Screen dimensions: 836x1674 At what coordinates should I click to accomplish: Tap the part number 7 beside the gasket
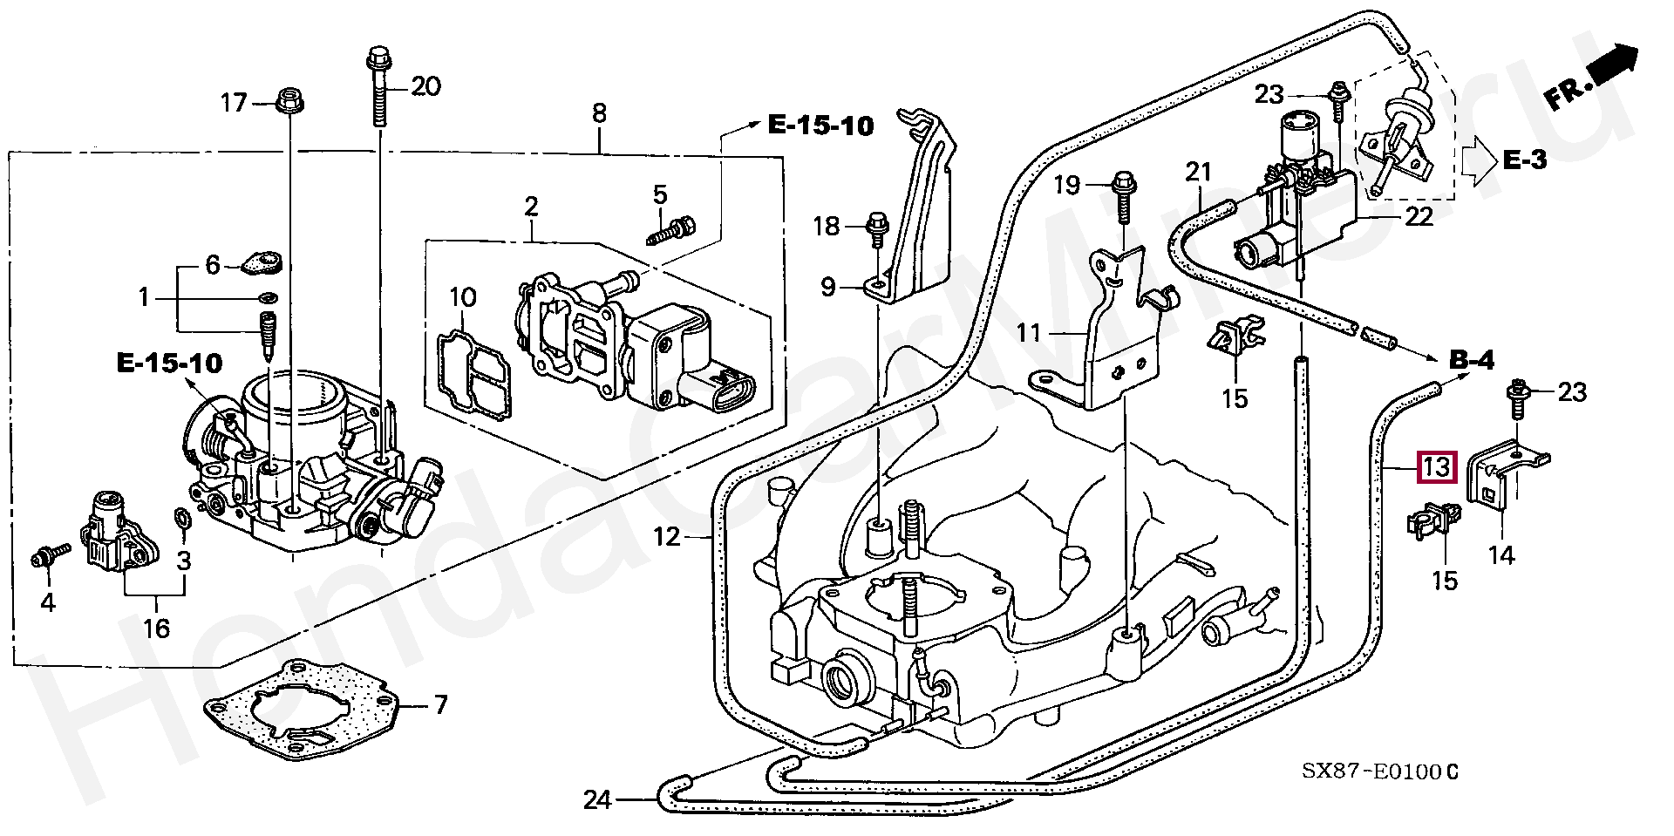click(440, 704)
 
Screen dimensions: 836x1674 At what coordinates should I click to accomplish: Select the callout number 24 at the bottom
click(597, 799)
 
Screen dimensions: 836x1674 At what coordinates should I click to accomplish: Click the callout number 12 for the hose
click(666, 536)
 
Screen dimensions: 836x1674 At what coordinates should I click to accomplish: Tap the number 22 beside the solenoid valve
click(1419, 216)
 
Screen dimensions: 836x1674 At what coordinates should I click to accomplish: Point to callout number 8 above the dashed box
click(599, 113)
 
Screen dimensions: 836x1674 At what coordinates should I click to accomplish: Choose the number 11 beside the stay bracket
click(1029, 332)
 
